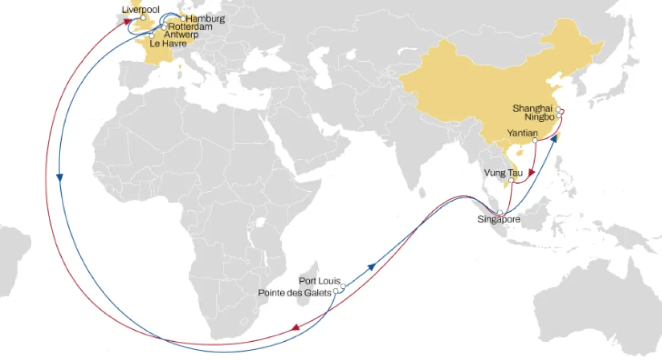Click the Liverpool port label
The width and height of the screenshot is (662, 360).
pyautogui.click(x=140, y=9)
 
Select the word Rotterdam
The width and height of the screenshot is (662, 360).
pyautogui.click(x=190, y=26)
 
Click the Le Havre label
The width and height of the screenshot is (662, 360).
pyautogui.click(x=168, y=44)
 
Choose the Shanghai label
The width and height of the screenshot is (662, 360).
pyautogui.click(x=532, y=108)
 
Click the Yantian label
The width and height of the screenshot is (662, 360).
pyautogui.click(x=521, y=133)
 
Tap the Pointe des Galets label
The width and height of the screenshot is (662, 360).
pyautogui.click(x=295, y=292)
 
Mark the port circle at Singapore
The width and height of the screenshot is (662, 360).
pyautogui.click(x=500, y=212)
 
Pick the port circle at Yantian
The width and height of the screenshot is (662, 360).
pyautogui.click(x=536, y=141)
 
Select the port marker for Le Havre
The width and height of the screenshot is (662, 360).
pyautogui.click(x=152, y=36)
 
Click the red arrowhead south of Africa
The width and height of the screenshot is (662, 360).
pyautogui.click(x=296, y=327)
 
